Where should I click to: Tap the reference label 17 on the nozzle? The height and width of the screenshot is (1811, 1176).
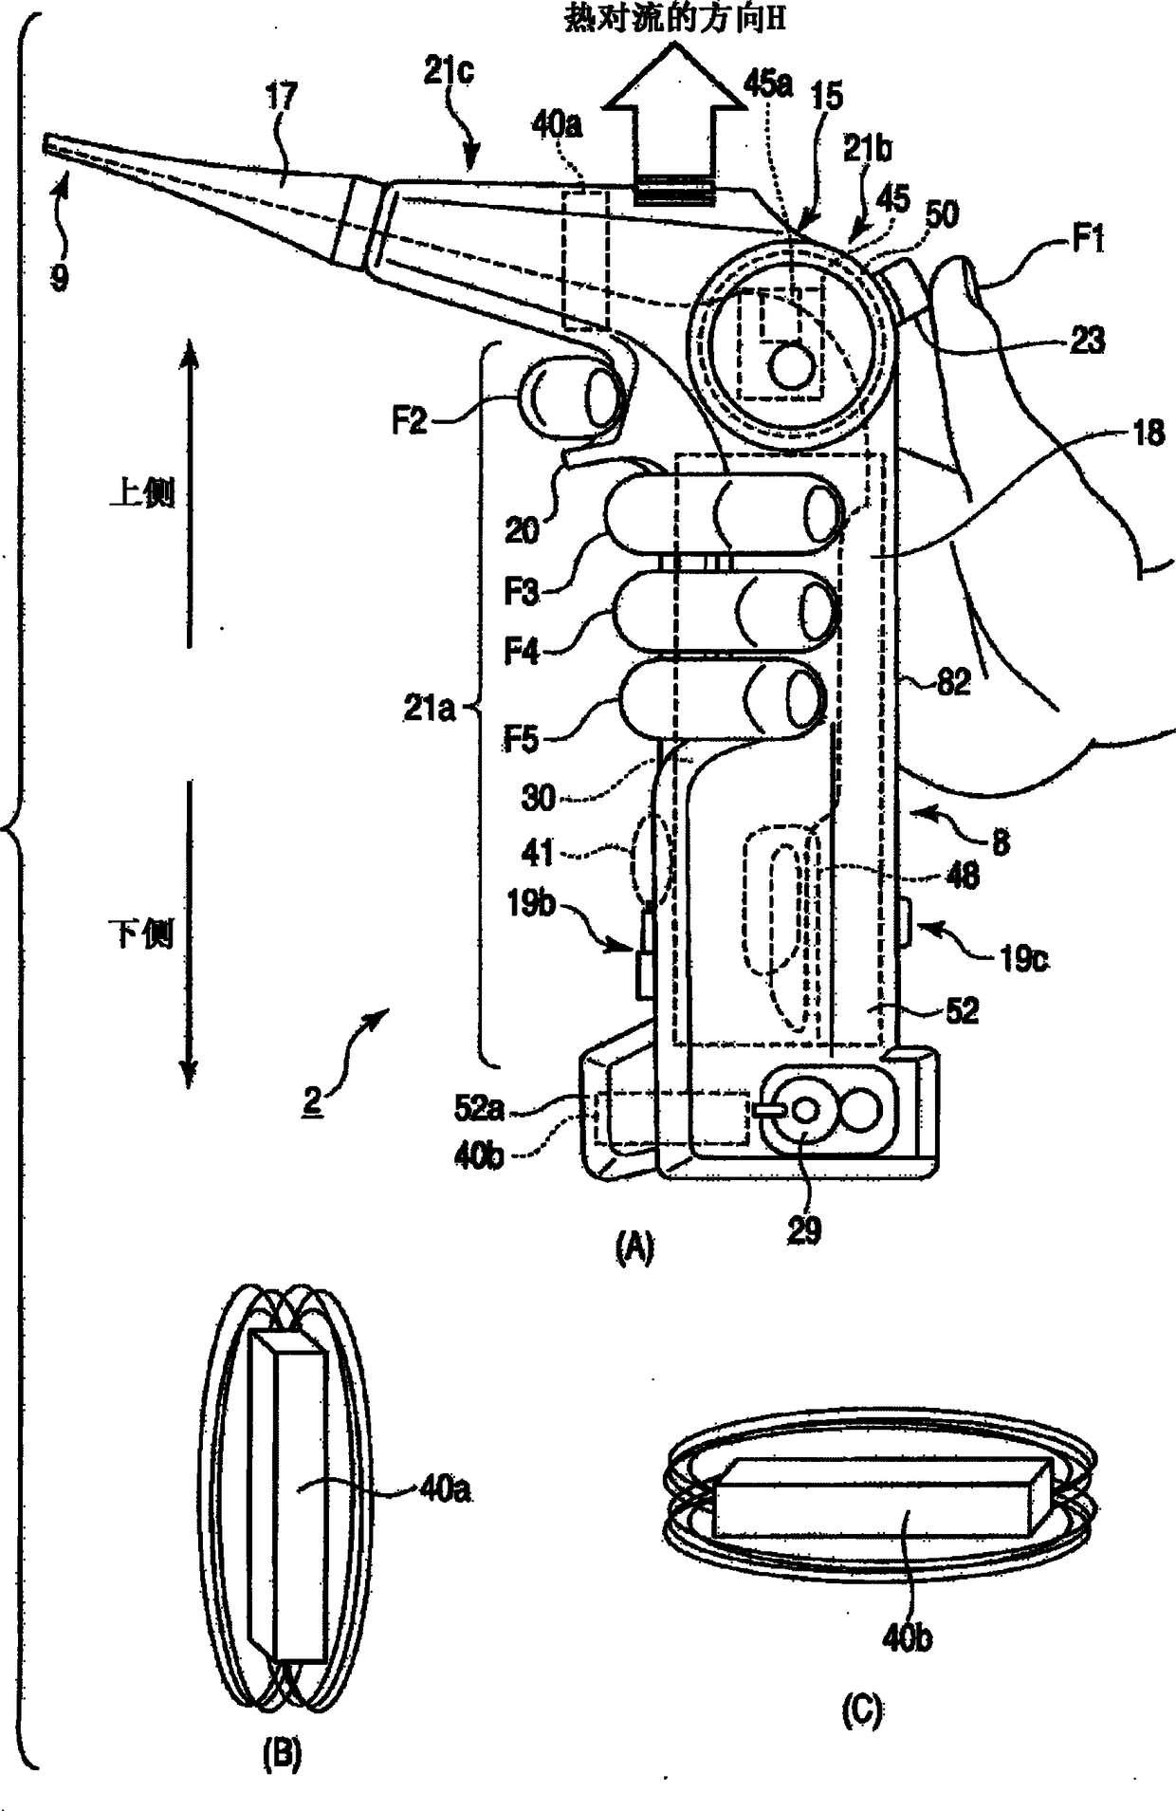click(281, 97)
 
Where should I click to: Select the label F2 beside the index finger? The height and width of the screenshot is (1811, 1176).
click(410, 420)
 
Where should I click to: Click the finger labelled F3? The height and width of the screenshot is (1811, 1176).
click(721, 514)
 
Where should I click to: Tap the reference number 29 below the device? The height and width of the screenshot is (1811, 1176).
click(803, 1231)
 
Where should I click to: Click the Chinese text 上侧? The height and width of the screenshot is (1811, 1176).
click(142, 493)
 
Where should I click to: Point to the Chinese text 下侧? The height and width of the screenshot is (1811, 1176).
click(142, 934)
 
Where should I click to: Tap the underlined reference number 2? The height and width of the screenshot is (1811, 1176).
click(312, 1100)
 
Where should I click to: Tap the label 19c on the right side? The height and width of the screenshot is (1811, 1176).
click(1022, 958)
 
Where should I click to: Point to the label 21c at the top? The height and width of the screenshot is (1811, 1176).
click(449, 72)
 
